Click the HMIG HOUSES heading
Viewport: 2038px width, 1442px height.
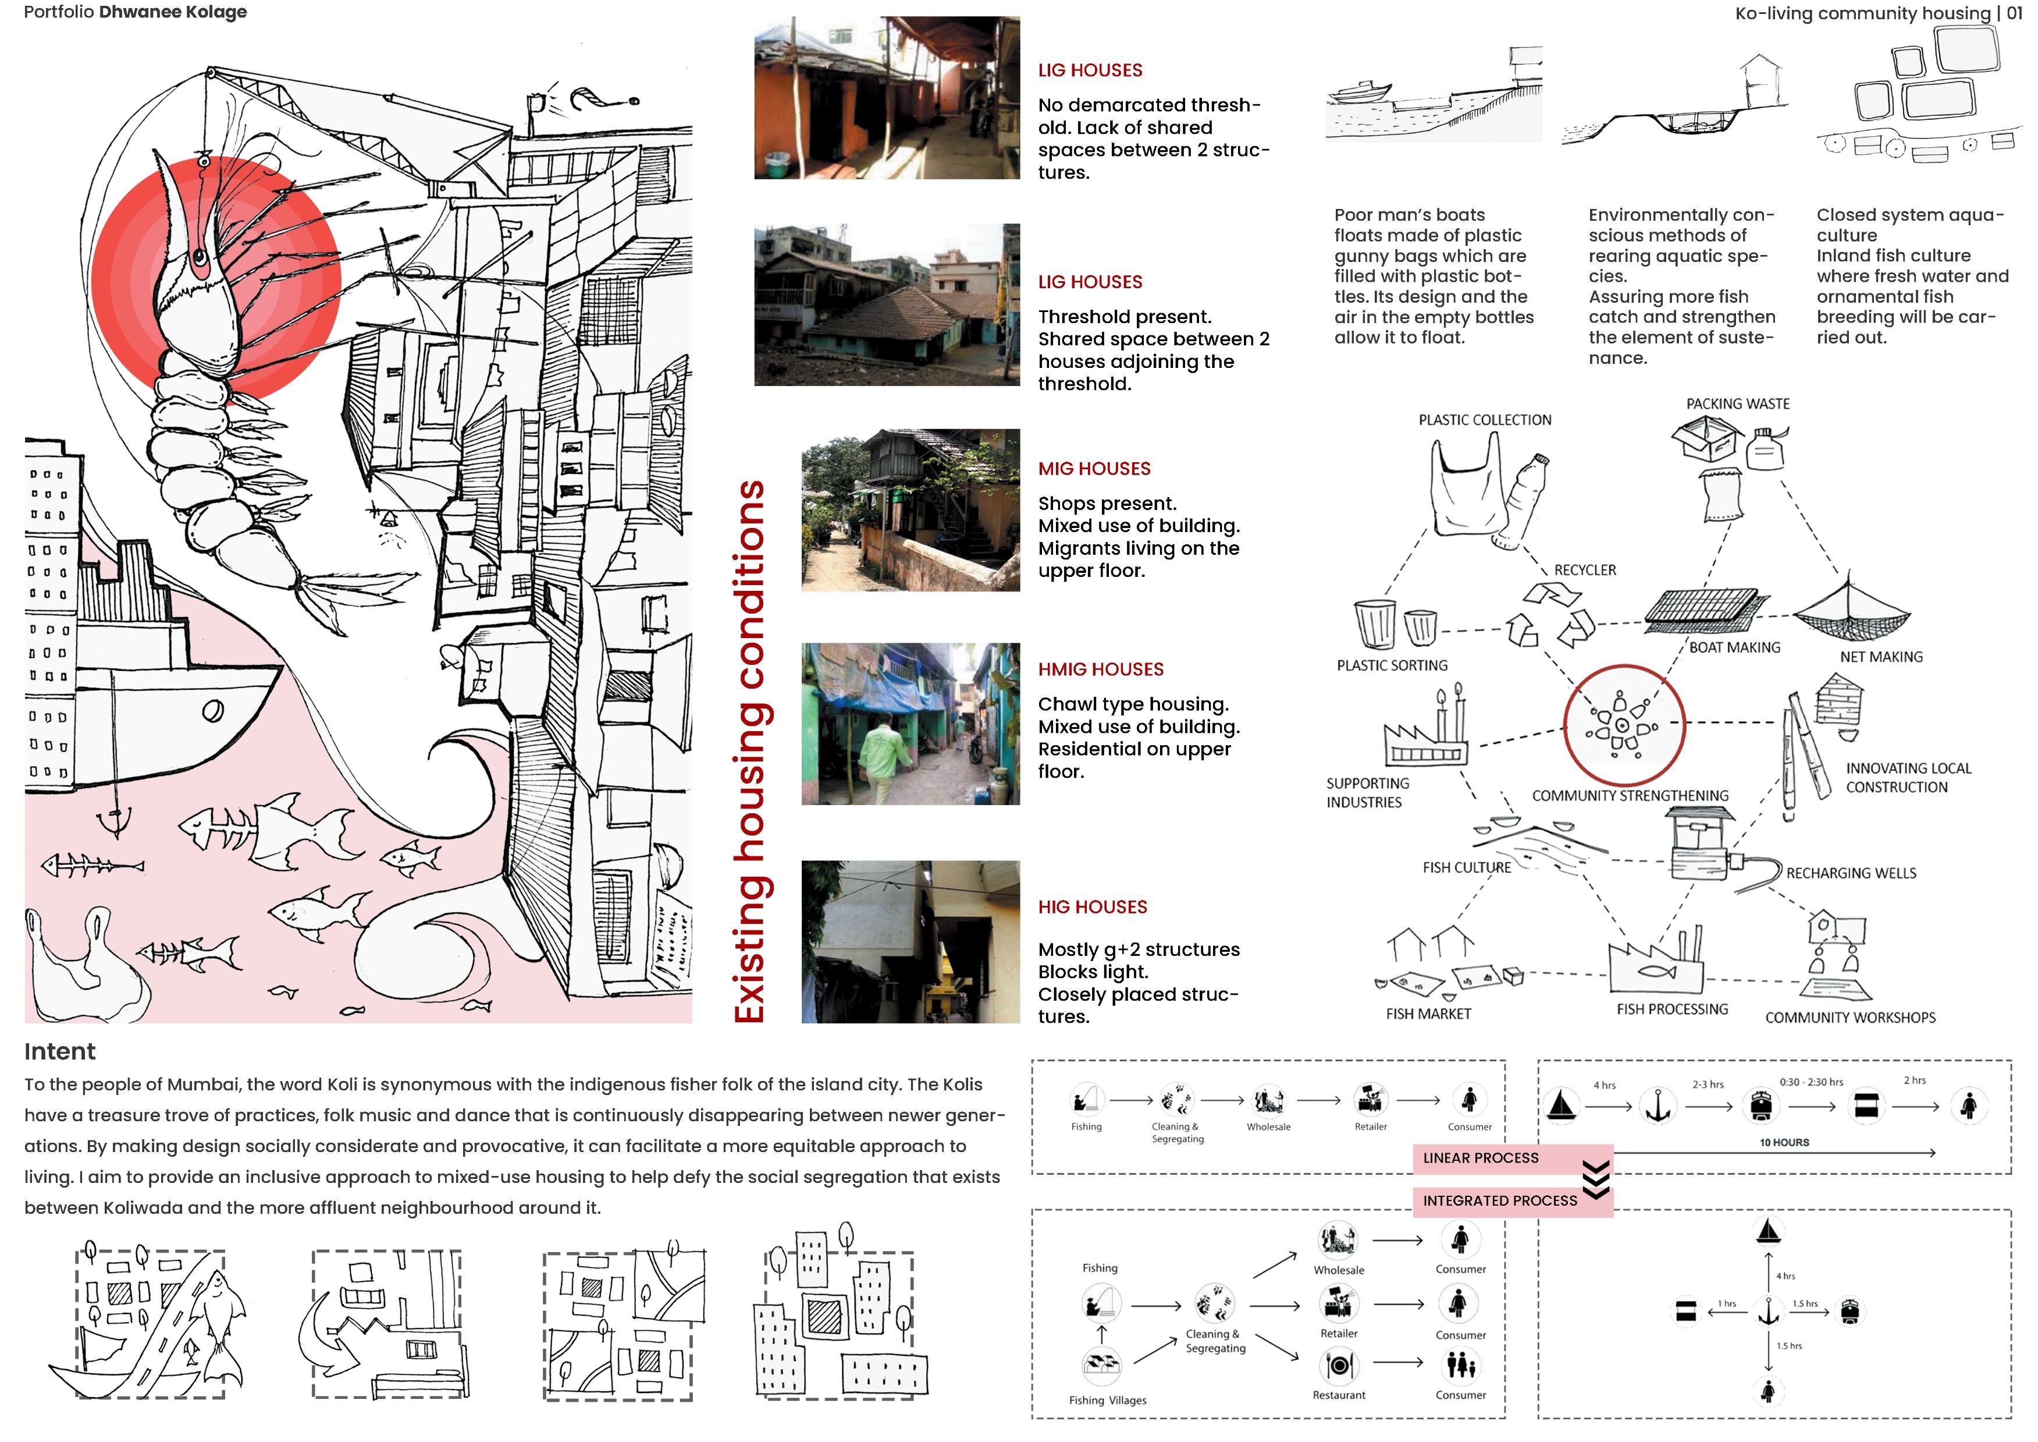[x=1101, y=669]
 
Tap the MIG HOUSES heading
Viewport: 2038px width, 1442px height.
[x=1094, y=469]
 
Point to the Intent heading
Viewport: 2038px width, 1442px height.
[x=59, y=1051]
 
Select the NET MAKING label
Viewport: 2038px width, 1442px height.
[x=1881, y=657]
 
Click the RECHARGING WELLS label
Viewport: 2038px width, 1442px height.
[x=1851, y=874]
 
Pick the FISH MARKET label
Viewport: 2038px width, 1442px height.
[x=1428, y=1014]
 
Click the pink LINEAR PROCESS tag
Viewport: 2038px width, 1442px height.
[x=1481, y=1158]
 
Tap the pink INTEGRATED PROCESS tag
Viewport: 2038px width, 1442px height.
[x=1500, y=1200]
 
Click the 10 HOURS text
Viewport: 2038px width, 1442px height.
[x=1784, y=1143]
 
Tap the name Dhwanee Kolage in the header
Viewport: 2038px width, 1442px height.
[x=173, y=12]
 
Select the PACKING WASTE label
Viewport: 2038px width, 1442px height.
[x=1737, y=404]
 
